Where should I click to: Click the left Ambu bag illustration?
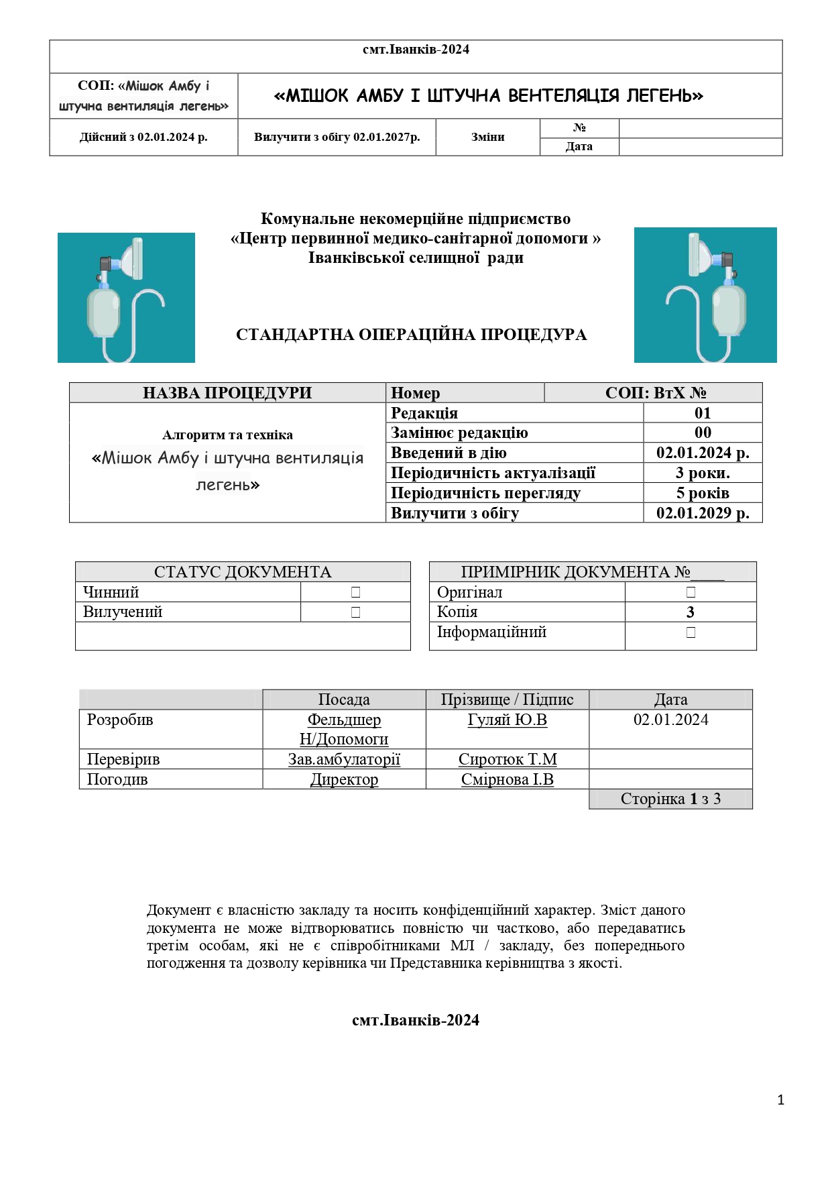click(x=126, y=298)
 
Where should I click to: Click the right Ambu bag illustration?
click(x=705, y=295)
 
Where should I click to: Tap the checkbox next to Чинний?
click(x=355, y=592)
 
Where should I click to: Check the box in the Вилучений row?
click(x=355, y=612)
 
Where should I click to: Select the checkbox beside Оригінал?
click(x=691, y=592)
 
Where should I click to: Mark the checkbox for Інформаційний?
click(x=691, y=632)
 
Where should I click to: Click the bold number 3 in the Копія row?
click(x=691, y=612)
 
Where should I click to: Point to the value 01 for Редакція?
click(x=703, y=413)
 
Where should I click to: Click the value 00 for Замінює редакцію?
click(x=703, y=433)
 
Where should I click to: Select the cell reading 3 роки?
click(x=703, y=473)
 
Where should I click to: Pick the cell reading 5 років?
click(x=703, y=493)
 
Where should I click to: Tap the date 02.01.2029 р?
click(x=703, y=513)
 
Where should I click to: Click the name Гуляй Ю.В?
click(x=508, y=720)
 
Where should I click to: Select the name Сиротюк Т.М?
click(x=508, y=759)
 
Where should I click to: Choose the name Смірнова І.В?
click(x=508, y=779)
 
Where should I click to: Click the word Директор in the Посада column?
click(x=344, y=779)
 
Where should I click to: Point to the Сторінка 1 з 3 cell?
click(x=670, y=799)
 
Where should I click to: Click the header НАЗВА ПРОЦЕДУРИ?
click(x=227, y=393)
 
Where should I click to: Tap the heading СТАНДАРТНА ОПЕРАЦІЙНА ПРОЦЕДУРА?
click(x=411, y=335)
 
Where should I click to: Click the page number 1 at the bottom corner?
click(x=780, y=1100)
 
